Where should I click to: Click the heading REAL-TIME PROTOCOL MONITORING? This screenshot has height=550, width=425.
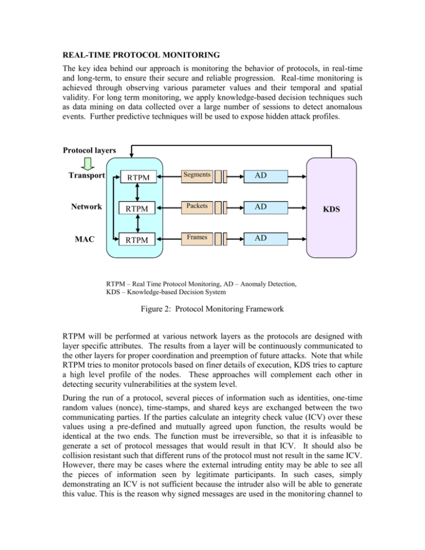tap(141, 55)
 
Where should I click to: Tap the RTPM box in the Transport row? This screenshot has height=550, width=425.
tap(138, 177)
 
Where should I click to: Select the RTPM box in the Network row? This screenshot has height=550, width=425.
tap(137, 209)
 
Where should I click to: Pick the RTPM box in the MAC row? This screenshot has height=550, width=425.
tap(137, 240)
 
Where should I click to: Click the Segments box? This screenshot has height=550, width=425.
tap(197, 177)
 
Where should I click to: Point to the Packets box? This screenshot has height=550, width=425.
tap(197, 207)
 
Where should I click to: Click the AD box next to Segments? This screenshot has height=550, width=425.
tap(266, 177)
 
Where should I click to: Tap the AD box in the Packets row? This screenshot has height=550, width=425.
tap(266, 207)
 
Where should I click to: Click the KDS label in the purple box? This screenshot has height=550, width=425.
tap(331, 209)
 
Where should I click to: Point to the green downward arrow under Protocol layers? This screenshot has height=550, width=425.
tap(88, 163)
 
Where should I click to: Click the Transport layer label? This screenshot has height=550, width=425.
tap(87, 175)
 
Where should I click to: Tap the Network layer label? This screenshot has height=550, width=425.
tap(86, 206)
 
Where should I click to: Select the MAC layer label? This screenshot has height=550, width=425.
tap(85, 239)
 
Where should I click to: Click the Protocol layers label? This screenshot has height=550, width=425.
tap(89, 151)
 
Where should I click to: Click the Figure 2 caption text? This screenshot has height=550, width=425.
tap(212, 309)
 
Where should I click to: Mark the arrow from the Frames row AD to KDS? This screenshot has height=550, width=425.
tap(297, 239)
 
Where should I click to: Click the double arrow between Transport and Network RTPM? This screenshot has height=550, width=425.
tap(137, 192)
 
